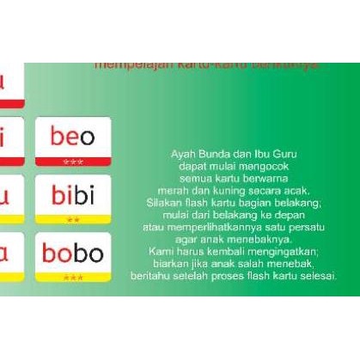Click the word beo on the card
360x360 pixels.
(x=73, y=136)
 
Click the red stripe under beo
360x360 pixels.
(x=73, y=161)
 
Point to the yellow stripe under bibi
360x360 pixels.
(x=73, y=220)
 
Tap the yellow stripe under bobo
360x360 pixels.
(x=73, y=278)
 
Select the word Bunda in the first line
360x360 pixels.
(x=217, y=153)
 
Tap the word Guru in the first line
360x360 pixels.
(x=280, y=153)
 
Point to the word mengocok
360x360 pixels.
(x=254, y=165)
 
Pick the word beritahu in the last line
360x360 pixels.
(x=149, y=276)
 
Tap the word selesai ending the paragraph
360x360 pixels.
(x=317, y=276)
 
